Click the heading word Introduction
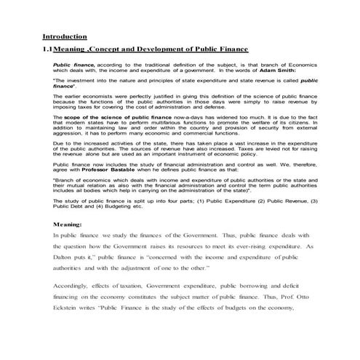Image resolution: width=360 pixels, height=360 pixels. (65, 36)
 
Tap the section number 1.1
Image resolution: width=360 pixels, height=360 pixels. (48, 49)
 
